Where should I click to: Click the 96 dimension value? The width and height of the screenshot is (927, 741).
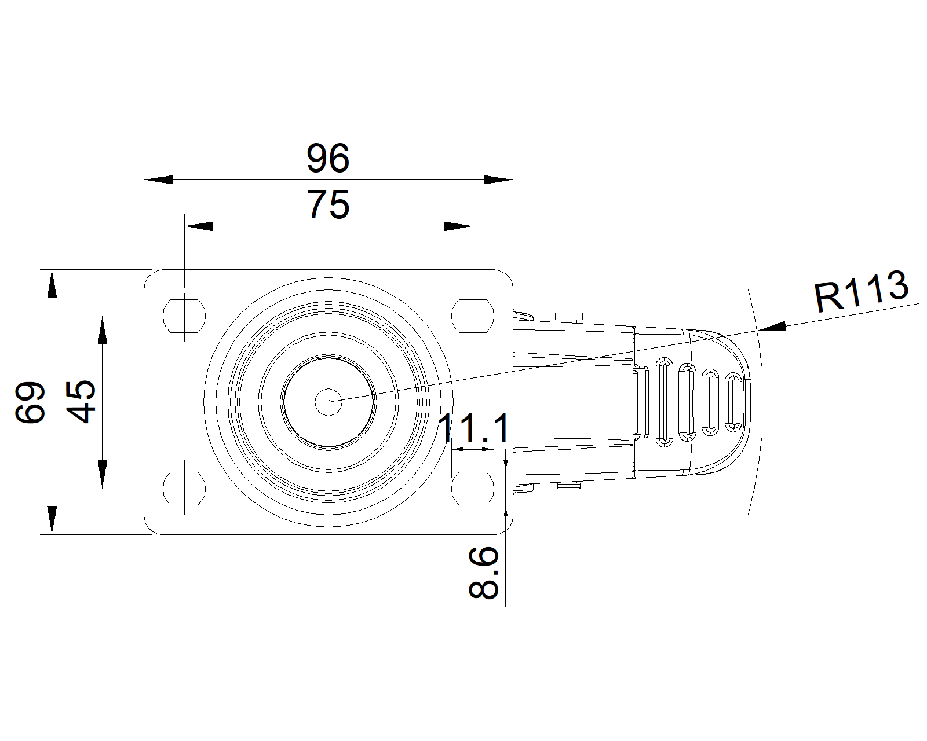pyautogui.click(x=328, y=158)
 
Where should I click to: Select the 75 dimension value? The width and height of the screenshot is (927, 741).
pyautogui.click(x=328, y=204)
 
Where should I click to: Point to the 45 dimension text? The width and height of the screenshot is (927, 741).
pyautogui.click(x=81, y=402)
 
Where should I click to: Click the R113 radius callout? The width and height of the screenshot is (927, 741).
pyautogui.click(x=861, y=291)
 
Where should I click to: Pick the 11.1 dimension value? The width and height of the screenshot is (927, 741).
pyautogui.click(x=474, y=428)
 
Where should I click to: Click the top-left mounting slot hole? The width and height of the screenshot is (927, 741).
pyautogui.click(x=184, y=316)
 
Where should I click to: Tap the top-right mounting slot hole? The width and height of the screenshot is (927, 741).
pyautogui.click(x=473, y=316)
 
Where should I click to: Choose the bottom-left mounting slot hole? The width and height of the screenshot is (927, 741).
pyautogui.click(x=184, y=488)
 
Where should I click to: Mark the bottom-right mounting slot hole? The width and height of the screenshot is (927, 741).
pyautogui.click(x=473, y=488)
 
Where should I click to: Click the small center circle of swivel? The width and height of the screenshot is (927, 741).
pyautogui.click(x=329, y=401)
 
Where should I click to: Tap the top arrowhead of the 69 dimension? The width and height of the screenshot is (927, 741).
pyautogui.click(x=52, y=284)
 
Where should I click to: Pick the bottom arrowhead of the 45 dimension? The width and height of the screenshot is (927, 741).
pyautogui.click(x=103, y=474)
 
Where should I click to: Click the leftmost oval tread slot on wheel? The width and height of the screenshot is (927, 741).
pyautogui.click(x=664, y=402)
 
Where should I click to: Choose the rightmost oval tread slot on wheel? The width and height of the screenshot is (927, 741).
pyautogui.click(x=733, y=402)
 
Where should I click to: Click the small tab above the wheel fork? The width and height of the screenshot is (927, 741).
pyautogui.click(x=568, y=316)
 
